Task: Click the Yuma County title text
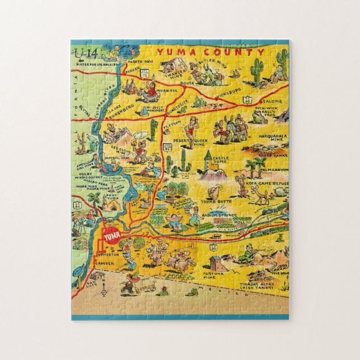pos(211,52)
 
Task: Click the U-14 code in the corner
pos(84,53)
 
